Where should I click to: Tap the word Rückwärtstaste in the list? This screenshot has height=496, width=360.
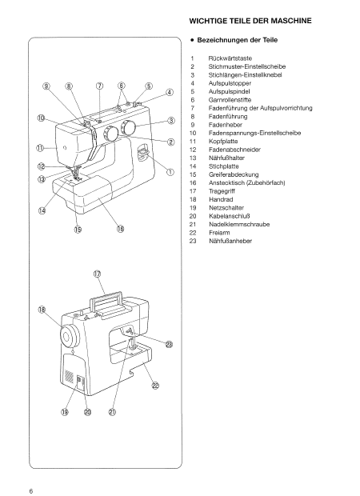(230, 60)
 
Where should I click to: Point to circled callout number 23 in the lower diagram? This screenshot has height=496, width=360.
(169, 345)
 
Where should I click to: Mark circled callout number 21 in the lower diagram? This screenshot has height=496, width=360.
(113, 412)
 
